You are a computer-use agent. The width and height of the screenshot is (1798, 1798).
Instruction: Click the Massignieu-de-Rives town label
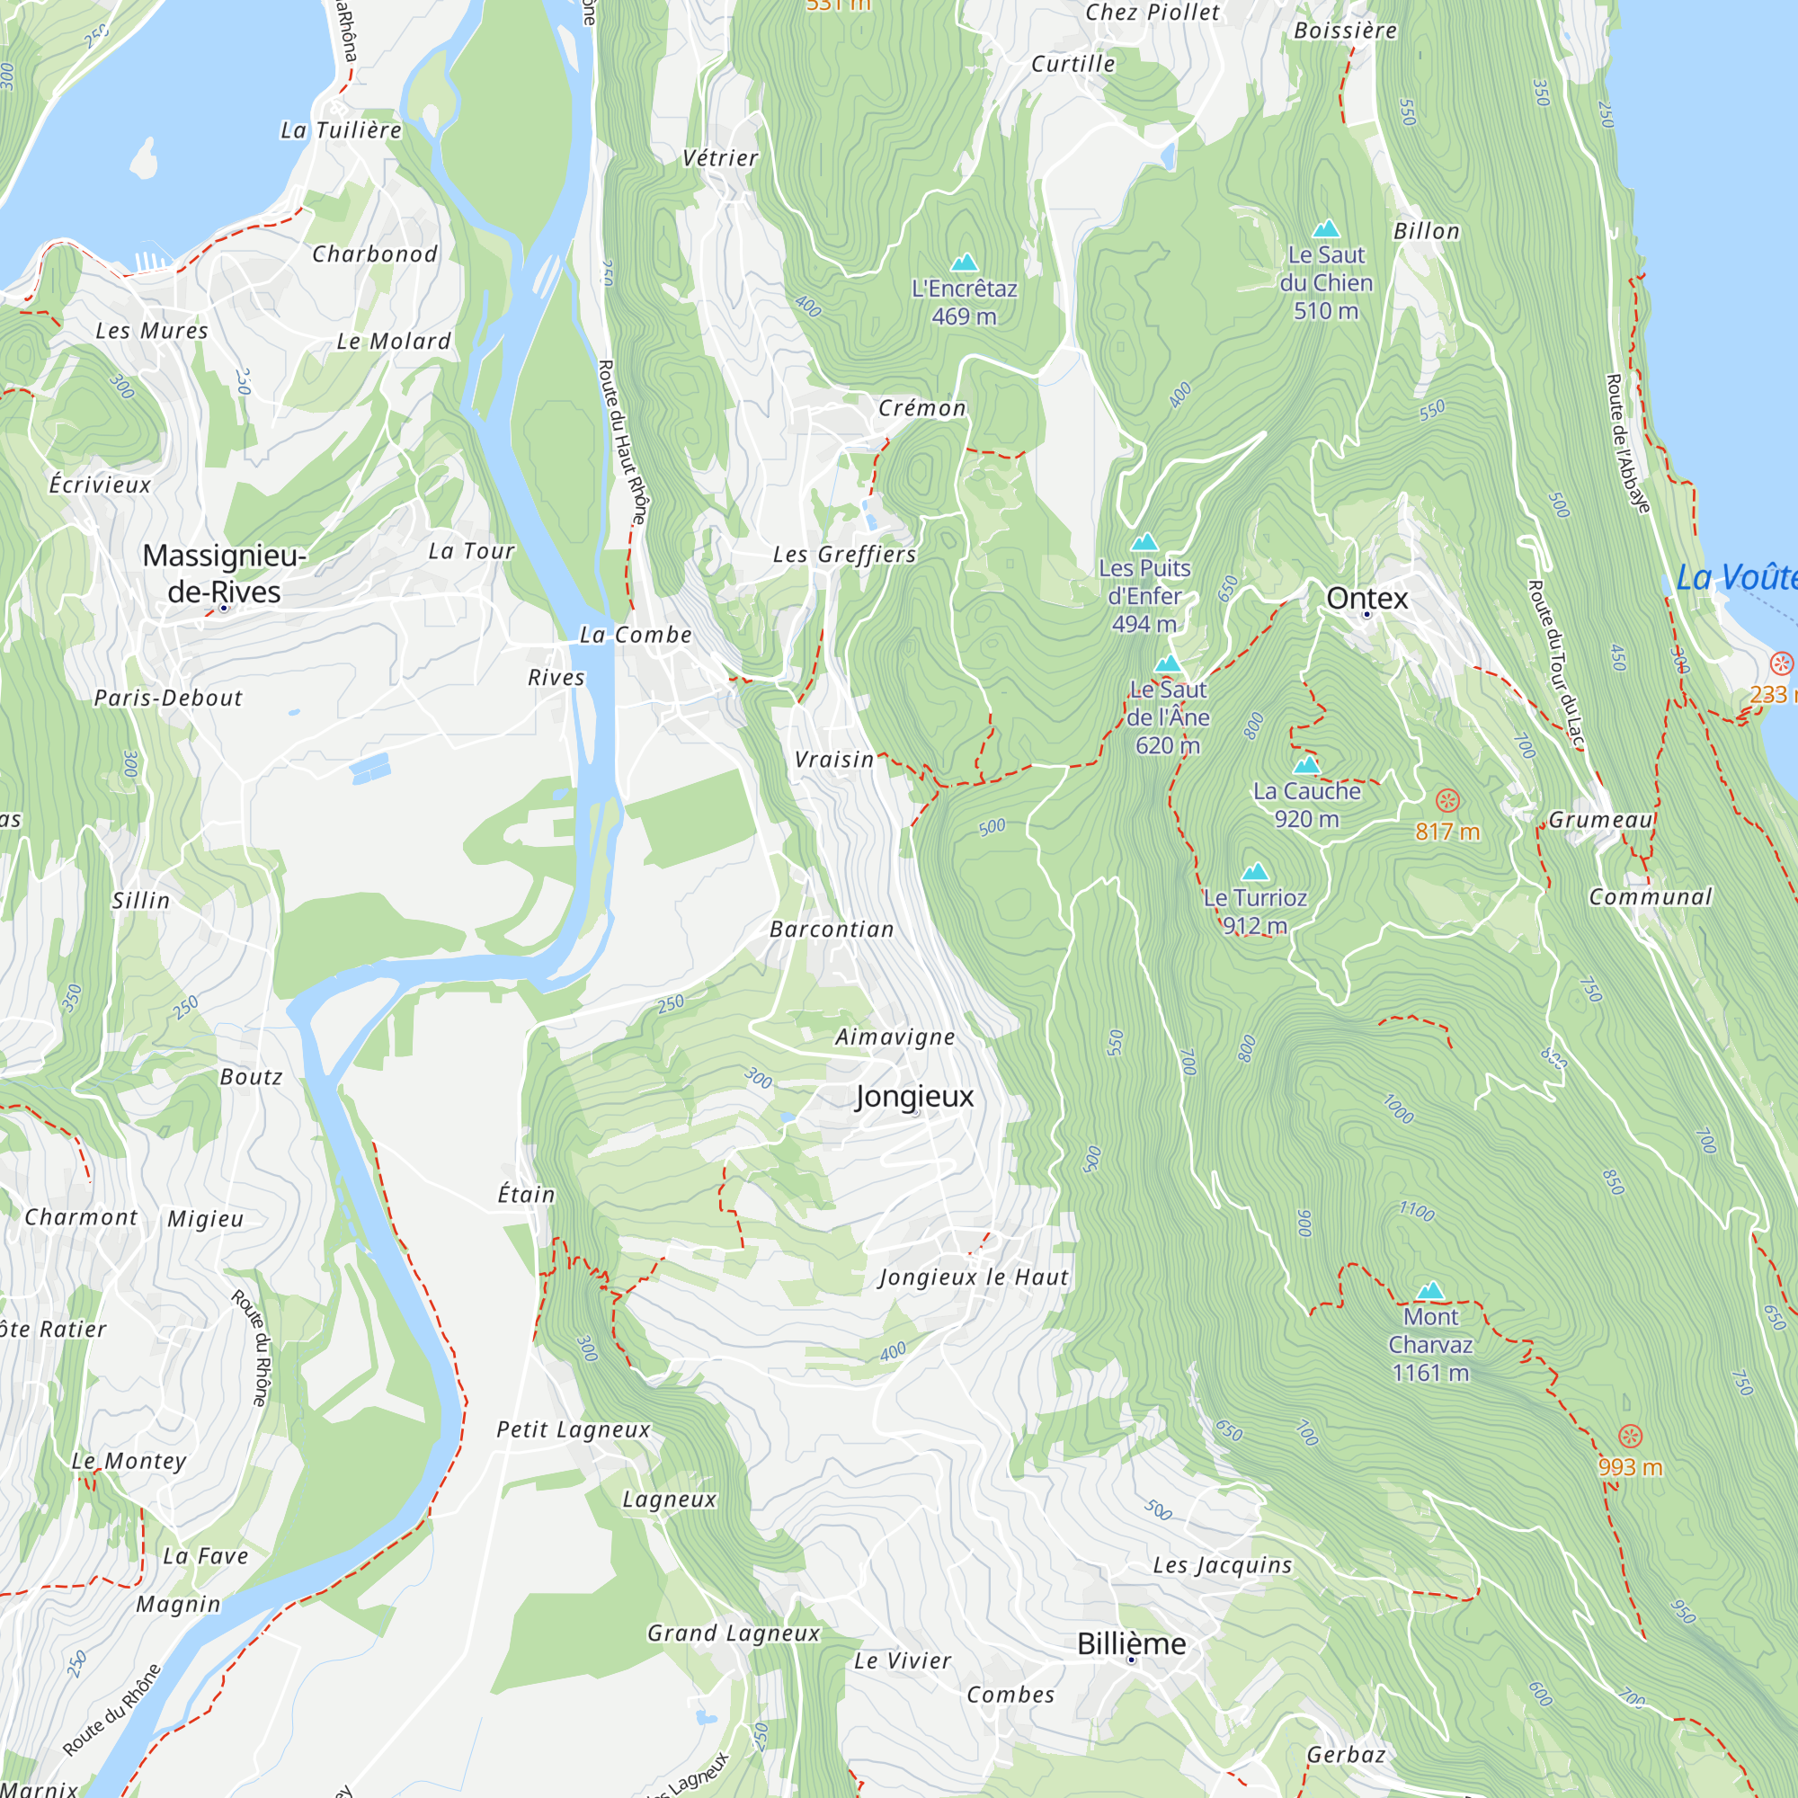coord(224,574)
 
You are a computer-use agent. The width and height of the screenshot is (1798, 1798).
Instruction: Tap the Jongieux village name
coord(915,1096)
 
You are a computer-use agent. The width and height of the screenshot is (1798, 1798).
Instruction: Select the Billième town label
coord(1131,1643)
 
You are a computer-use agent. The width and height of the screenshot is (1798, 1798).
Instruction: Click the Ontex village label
coord(1367,599)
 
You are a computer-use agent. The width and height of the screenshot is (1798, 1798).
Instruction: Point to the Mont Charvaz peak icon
coord(1430,1290)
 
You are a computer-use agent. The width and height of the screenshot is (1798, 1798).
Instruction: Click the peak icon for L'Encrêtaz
coord(964,263)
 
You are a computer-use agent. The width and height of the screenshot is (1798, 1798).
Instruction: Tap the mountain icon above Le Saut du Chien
coord(1325,228)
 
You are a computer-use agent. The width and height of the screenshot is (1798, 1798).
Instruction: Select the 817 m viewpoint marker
coord(1447,800)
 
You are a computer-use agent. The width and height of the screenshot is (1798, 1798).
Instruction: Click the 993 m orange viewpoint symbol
coord(1631,1436)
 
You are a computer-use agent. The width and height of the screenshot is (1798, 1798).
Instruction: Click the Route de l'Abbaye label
coord(1628,443)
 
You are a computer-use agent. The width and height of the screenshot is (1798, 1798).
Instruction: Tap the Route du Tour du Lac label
coord(1555,664)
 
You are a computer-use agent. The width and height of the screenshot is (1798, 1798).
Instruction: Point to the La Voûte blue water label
coord(1736,578)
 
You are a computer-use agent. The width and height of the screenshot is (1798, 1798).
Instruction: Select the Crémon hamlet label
coord(922,407)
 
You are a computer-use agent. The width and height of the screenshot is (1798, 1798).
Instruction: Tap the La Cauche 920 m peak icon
coord(1306,764)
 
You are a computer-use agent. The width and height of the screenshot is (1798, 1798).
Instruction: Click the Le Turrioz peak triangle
coord(1254,871)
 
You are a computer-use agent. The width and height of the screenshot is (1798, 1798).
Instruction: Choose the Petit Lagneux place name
coord(574,1429)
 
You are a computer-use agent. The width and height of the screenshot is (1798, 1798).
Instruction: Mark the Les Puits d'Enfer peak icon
coord(1144,540)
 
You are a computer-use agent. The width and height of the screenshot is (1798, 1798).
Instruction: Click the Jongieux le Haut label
coord(974,1277)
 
